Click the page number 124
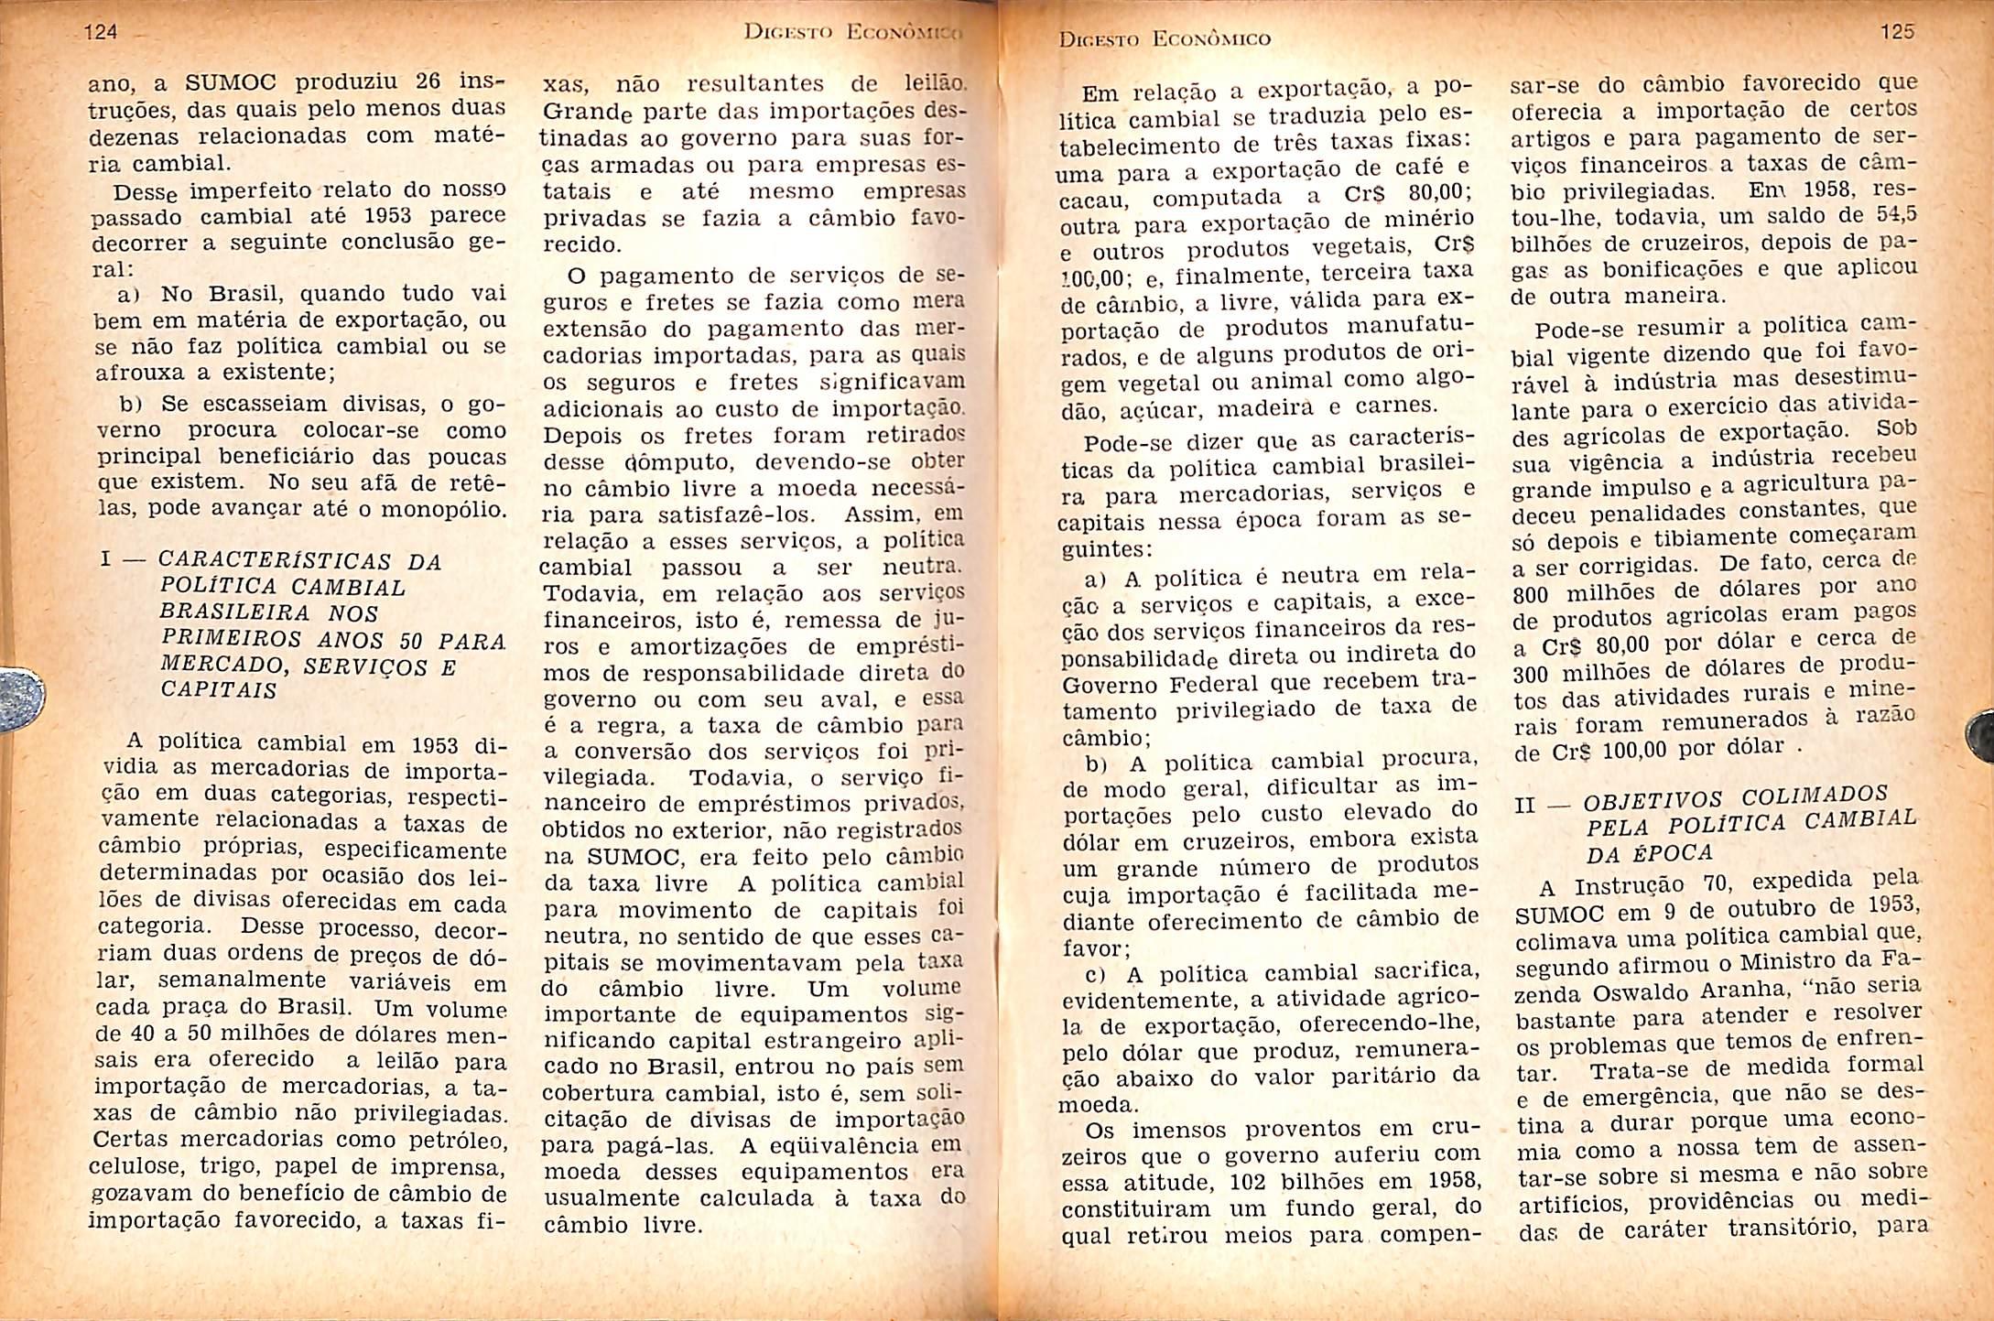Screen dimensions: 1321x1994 tap(101, 32)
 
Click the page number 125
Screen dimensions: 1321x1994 tap(1897, 32)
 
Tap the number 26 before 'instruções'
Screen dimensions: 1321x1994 tap(428, 81)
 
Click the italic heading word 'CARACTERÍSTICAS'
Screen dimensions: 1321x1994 tap(275, 560)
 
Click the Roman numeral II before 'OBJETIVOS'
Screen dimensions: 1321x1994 tap(1525, 807)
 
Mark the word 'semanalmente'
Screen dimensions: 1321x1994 tap(242, 980)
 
